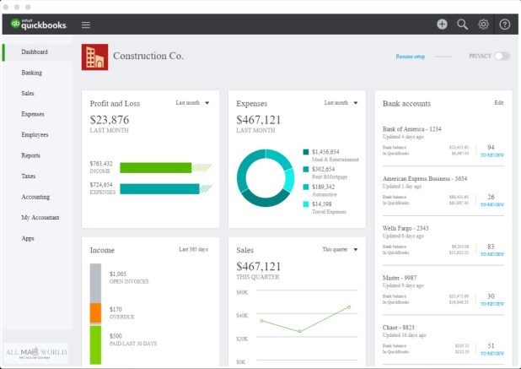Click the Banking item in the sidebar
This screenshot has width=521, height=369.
32,73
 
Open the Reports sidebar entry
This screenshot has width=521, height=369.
31,155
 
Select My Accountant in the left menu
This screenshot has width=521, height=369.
40,218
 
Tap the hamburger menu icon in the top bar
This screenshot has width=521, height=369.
86,24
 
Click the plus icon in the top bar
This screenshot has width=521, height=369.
442,24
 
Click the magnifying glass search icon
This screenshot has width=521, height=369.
462,24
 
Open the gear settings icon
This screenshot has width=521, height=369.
483,24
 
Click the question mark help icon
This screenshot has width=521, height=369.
504,24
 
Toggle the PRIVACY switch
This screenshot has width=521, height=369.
502,56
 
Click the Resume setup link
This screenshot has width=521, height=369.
411,57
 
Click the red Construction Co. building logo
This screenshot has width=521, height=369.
94,57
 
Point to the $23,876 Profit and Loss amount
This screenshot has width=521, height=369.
110,119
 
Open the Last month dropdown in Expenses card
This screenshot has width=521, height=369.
340,103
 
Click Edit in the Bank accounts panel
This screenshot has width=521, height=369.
498,103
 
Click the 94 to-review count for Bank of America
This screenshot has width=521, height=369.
491,148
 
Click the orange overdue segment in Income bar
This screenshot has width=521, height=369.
95,312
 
